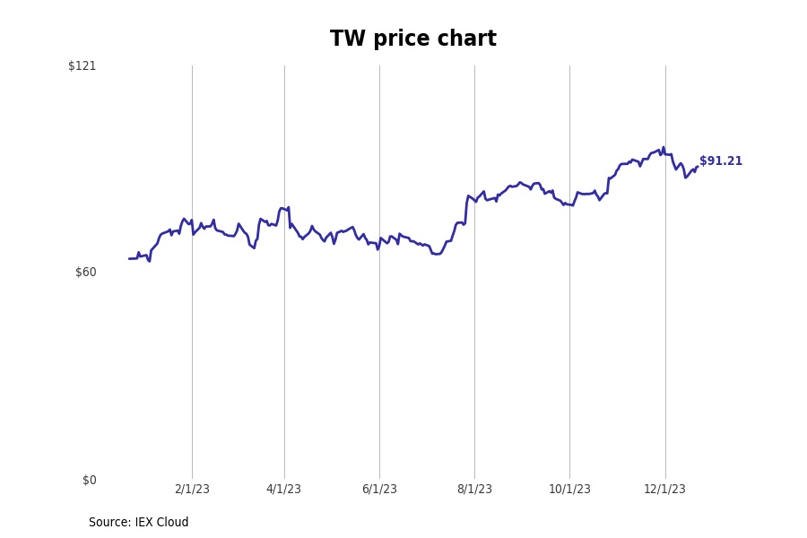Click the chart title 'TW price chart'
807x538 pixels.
pos(412,39)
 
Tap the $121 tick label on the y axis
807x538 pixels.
pos(82,65)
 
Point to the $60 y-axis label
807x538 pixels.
pos(85,273)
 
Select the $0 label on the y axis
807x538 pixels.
pos(89,481)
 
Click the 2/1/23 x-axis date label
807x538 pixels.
pos(192,490)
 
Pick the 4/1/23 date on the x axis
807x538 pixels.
pos(283,490)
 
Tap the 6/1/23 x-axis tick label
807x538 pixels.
pos(379,490)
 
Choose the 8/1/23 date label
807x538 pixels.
pos(474,490)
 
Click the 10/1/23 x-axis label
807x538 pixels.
pos(569,490)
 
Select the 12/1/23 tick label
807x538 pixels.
pos(664,490)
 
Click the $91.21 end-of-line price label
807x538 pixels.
pos(721,161)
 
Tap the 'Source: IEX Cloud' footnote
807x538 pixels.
pos(138,523)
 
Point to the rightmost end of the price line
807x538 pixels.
pos(697,167)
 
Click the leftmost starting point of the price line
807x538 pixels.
pos(129,258)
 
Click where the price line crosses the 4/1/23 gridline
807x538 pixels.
pos(284,210)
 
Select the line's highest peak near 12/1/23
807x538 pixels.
pos(664,148)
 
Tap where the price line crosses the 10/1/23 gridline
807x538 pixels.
pos(569,204)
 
